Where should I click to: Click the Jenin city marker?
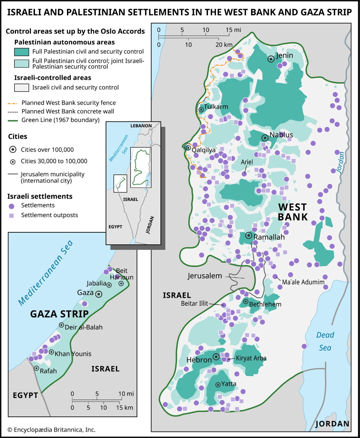tap(271, 59)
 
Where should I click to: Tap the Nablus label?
tap(281, 135)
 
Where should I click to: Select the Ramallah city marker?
tap(249, 235)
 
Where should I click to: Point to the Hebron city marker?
tap(216, 357)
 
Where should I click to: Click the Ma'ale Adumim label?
tap(303, 282)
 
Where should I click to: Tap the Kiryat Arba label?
tap(251, 358)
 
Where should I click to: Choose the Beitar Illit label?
tap(194, 303)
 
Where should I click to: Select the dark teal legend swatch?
tap(22, 52)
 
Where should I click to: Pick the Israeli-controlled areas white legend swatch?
tap(22, 88)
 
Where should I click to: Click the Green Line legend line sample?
tap(13, 120)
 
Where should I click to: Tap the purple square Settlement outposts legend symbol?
tap(11, 215)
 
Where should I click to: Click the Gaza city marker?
tap(99, 294)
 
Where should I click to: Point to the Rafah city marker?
tap(36, 368)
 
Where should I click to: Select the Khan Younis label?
tap(73, 354)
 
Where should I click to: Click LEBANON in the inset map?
tap(141, 126)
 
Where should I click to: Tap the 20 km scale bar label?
tap(224, 45)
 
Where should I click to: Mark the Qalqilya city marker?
tap(188, 148)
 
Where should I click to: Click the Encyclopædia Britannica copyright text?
tap(51, 430)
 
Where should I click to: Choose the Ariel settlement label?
tap(247, 162)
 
